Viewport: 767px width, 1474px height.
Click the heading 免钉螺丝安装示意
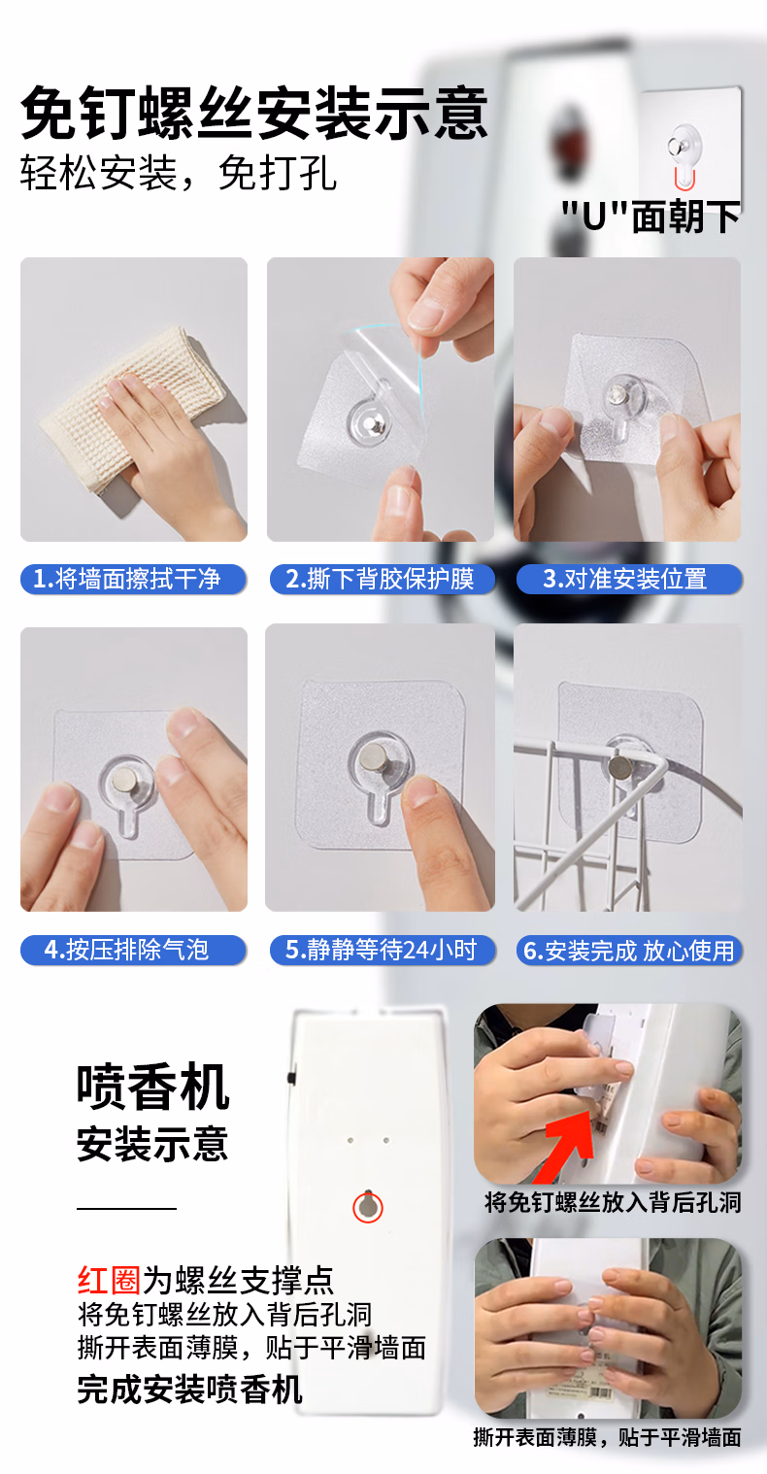click(x=254, y=113)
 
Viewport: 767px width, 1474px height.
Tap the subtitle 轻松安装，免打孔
click(x=179, y=173)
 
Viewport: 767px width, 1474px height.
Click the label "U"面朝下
click(x=651, y=217)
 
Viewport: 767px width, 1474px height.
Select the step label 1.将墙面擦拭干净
click(x=127, y=579)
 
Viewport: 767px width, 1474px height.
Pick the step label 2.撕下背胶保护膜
click(x=380, y=579)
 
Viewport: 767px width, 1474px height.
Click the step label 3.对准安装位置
click(x=625, y=579)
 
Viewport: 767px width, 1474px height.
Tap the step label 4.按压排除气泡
click(x=126, y=950)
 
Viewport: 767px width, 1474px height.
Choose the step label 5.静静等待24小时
click(x=381, y=950)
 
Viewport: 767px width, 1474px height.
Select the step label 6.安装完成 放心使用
click(x=629, y=951)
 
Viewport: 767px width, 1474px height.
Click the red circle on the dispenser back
click(x=368, y=1207)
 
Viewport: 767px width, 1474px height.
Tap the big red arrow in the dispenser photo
click(x=567, y=1142)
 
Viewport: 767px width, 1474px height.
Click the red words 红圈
click(x=109, y=1280)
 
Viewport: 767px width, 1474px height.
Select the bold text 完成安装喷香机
click(x=190, y=1390)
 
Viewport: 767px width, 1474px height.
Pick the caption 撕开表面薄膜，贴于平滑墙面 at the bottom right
click(x=607, y=1437)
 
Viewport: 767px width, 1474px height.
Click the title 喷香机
click(x=152, y=1086)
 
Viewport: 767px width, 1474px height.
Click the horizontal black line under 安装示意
click(x=126, y=1208)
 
